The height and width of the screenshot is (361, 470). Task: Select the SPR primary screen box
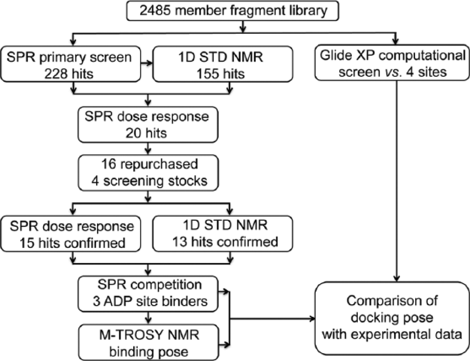coord(71,64)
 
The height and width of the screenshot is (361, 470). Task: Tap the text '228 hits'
coord(69,73)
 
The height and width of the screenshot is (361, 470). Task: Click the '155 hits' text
coord(221,73)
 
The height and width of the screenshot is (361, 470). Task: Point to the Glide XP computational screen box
coord(392,63)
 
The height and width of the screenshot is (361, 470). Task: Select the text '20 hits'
coord(146,133)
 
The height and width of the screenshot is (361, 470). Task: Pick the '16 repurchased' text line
coord(149,164)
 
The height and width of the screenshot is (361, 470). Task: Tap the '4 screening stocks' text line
coord(149,181)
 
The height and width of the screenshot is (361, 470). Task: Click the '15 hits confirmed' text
coord(72,242)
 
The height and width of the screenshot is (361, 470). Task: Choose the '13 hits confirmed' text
coord(225,242)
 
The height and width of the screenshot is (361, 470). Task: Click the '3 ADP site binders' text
coord(150,301)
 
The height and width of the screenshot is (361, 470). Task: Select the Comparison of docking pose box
coord(392,318)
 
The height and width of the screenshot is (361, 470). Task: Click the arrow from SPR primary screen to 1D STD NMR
coord(147,63)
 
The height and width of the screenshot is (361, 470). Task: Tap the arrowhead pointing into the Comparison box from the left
coord(312,318)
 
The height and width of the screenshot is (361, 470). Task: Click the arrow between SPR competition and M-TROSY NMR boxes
coord(148,318)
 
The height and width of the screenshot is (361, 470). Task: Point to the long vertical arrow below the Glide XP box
coord(396,181)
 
